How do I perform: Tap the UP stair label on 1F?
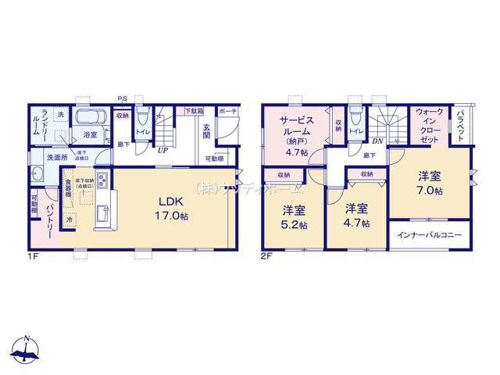162,150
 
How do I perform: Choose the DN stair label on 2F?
377,141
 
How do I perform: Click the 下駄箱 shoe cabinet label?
194,112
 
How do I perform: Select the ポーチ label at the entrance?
227,111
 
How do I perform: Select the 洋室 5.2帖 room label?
294,217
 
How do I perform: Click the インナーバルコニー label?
429,235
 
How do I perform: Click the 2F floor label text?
266,255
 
